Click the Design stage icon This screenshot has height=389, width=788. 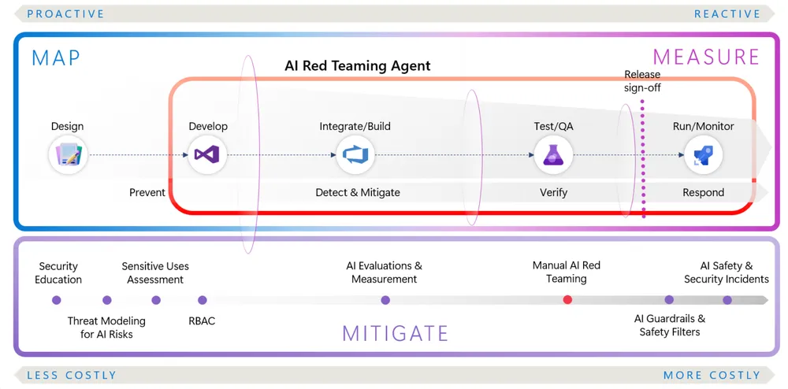pos(68,154)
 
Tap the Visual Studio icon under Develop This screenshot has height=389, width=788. pos(208,154)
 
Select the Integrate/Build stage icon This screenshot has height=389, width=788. pos(355,154)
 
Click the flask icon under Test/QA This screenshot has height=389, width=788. pos(553,154)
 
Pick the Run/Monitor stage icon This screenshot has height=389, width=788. pos(703,154)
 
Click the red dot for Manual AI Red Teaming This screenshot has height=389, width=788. pos(567,300)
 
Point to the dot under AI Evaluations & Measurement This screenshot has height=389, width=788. pos(385,300)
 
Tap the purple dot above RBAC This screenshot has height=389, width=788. pos(203,300)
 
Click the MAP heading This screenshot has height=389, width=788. pos(56,58)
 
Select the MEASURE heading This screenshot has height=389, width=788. pos(706,57)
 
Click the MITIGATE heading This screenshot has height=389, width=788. pos(395,333)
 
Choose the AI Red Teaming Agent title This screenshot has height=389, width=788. pos(358,66)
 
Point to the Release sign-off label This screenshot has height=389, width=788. pos(642,81)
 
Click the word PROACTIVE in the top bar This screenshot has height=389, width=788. pos(65,13)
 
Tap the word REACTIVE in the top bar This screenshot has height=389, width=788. pos(727,13)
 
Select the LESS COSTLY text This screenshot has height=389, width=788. pos(72,376)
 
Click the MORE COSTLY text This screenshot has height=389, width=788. pos(712,376)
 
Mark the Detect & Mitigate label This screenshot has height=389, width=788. pos(358,192)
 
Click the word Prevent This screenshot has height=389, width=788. pos(147,192)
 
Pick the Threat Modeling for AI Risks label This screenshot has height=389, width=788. pos(106,328)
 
